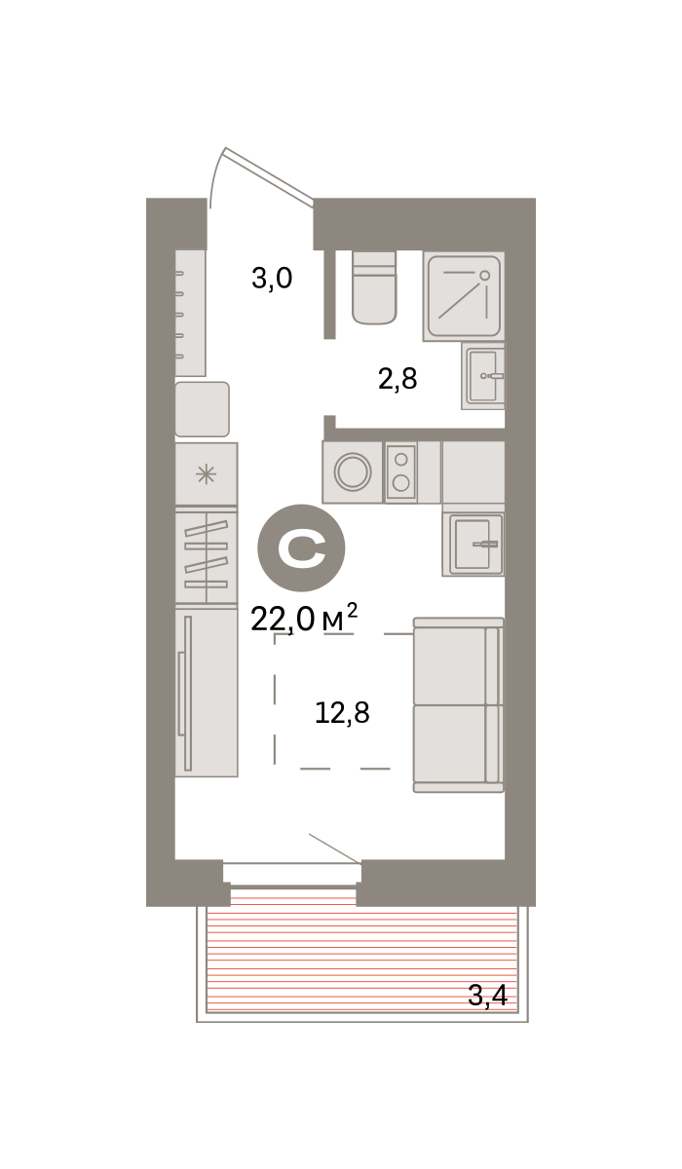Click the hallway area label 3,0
[x=272, y=279]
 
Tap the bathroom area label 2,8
[x=398, y=379]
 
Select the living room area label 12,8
[x=342, y=713]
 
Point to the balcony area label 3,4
[x=487, y=996]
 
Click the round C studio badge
[x=301, y=547]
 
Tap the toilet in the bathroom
[x=374, y=287]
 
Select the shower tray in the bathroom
[x=464, y=296]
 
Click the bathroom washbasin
[x=483, y=376]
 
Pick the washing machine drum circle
[x=353, y=471]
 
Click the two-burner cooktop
[x=400, y=472]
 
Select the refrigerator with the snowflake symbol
[x=207, y=473]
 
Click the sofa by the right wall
[x=459, y=704]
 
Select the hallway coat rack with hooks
[x=190, y=313]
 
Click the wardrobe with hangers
[x=207, y=557]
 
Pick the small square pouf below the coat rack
[x=202, y=409]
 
